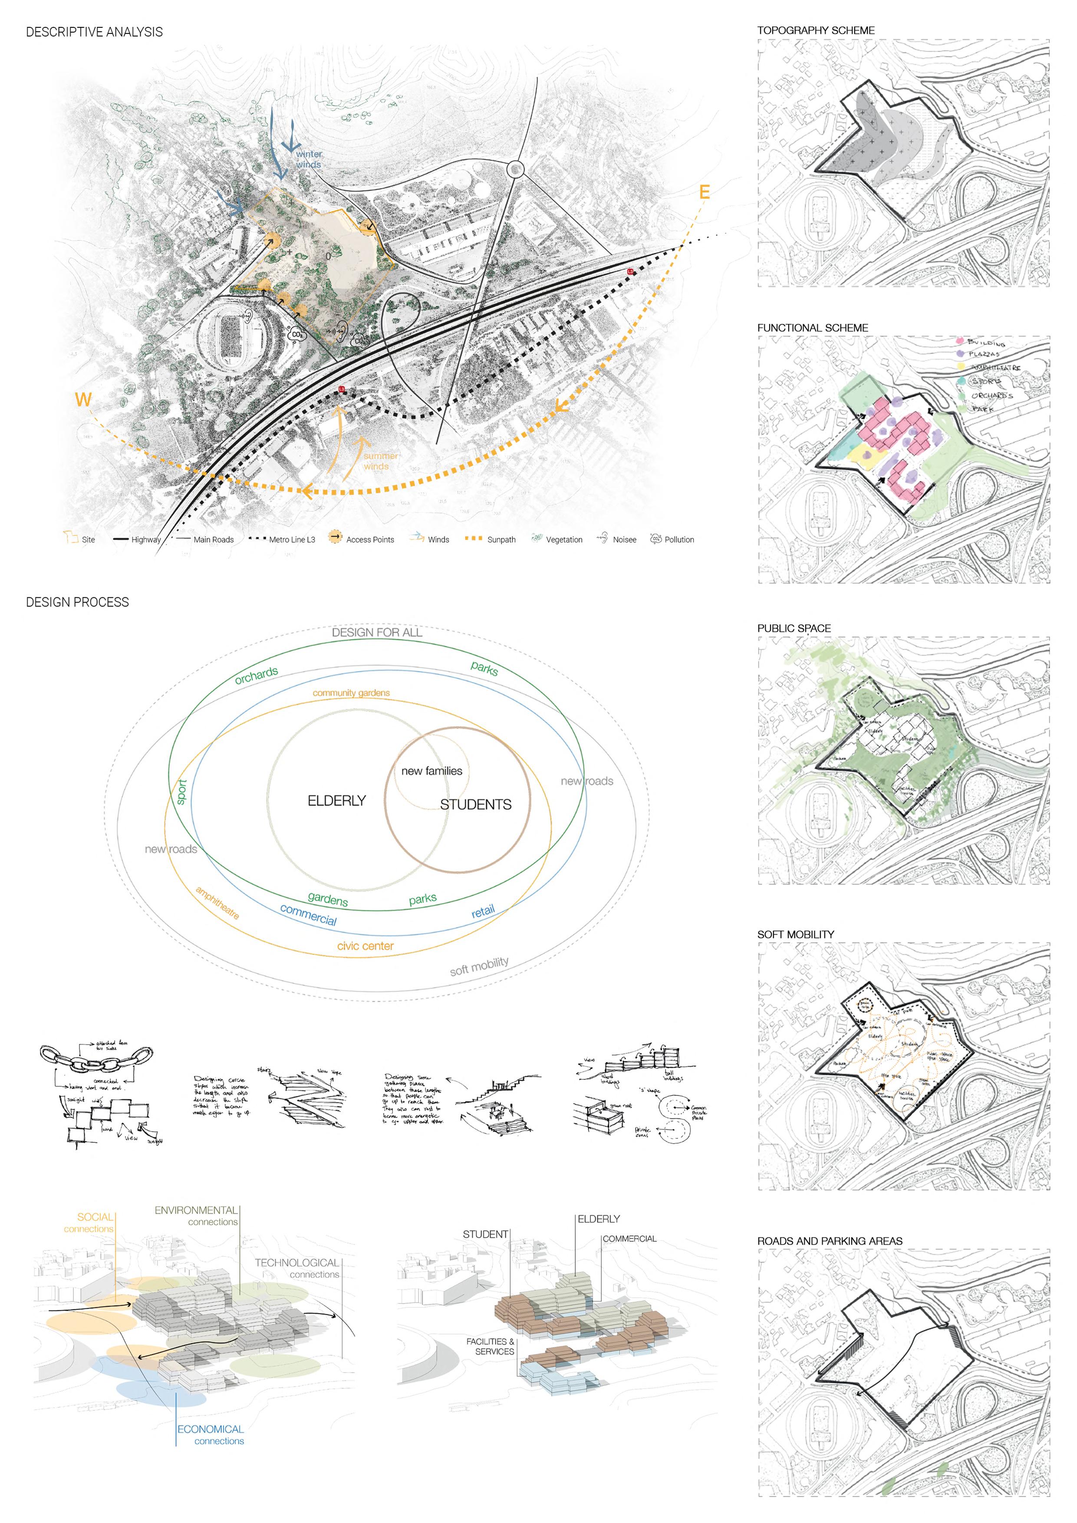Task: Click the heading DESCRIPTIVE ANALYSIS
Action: point(94,32)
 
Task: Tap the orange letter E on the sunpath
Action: point(704,192)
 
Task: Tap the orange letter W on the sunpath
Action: point(83,399)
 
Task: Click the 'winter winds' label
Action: point(308,159)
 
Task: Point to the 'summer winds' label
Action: point(380,461)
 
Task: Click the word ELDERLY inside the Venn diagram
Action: point(336,801)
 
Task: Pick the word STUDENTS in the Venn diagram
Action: point(475,804)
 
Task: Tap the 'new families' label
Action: point(432,771)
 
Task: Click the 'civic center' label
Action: point(366,946)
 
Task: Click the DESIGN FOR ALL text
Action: point(377,633)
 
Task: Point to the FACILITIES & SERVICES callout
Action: point(491,1346)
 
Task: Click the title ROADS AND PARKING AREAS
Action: point(830,1240)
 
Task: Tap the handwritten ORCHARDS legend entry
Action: point(991,396)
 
